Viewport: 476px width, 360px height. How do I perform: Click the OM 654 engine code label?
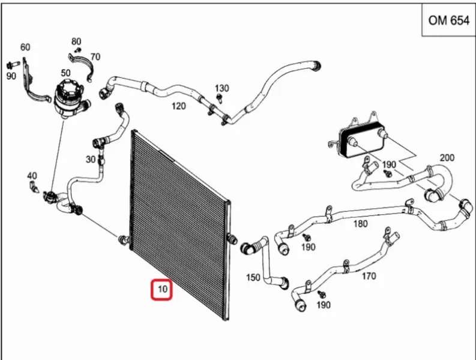(448, 20)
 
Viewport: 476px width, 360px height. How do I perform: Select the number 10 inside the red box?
(163, 289)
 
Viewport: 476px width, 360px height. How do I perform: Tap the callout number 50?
(65, 73)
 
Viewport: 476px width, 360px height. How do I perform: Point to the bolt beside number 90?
(13, 64)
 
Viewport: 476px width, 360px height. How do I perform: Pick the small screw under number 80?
(78, 49)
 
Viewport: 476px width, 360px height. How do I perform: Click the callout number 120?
(178, 106)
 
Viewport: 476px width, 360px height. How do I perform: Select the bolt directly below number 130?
(218, 98)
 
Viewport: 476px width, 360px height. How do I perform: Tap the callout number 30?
(91, 160)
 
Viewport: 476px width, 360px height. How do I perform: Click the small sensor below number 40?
(34, 187)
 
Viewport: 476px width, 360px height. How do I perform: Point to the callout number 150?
(253, 277)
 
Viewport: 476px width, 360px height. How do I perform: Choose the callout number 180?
(360, 224)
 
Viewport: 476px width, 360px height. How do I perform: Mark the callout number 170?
(369, 276)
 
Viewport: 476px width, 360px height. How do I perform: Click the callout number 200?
(447, 158)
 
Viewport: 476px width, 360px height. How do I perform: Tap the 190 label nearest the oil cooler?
(389, 164)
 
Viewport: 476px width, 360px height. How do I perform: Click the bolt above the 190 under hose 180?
(307, 238)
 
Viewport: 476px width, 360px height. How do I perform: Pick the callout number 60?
(25, 47)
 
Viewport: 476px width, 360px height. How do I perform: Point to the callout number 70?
(95, 57)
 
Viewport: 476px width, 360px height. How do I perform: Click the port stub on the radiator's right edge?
(232, 239)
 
